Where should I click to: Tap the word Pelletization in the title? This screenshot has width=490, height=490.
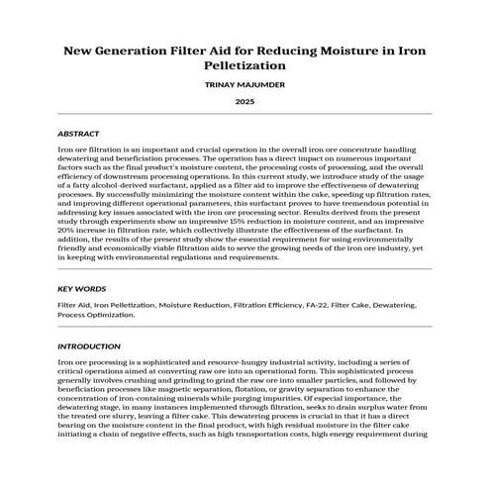tap(245, 64)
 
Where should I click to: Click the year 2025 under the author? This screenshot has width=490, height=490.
tap(245, 102)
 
